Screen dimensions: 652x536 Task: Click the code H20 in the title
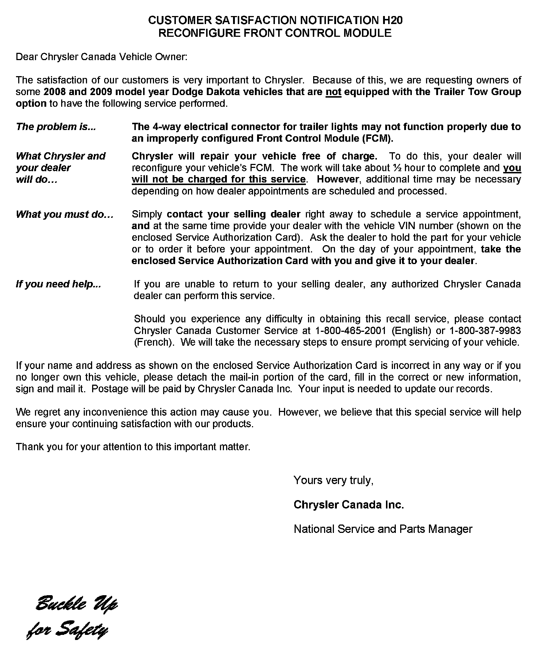point(393,20)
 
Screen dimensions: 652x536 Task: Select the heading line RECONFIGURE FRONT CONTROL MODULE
point(275,33)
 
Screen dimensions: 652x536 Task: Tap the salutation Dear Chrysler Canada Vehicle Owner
point(102,57)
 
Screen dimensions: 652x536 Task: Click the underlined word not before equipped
point(333,92)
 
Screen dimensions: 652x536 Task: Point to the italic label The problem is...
point(56,127)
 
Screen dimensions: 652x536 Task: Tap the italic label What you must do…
point(65,214)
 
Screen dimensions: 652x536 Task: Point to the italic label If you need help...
point(58,284)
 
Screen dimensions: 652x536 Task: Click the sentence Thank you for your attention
point(133,447)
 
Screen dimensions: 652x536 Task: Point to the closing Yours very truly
point(333,480)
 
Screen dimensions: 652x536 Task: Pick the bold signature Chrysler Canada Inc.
point(348,505)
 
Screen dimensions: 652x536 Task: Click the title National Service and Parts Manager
point(383,529)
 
